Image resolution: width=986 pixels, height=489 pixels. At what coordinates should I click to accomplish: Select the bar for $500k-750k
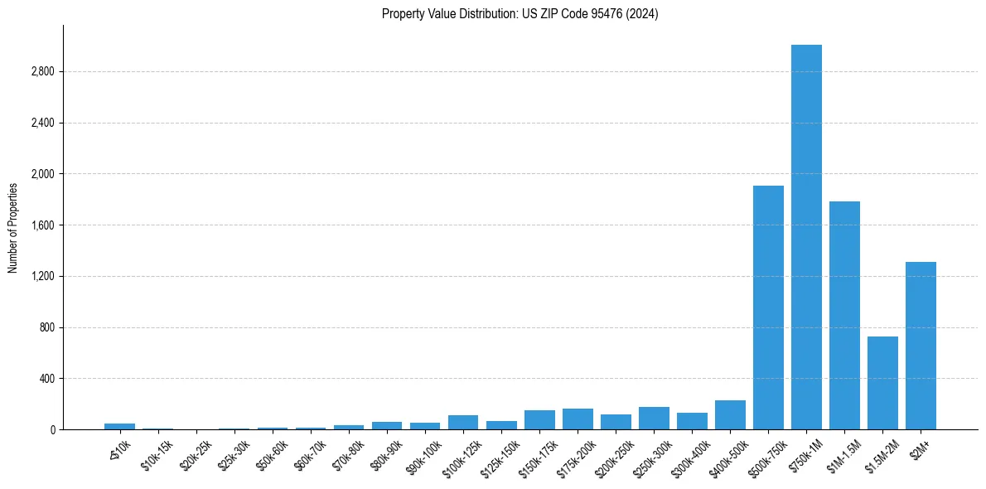point(768,307)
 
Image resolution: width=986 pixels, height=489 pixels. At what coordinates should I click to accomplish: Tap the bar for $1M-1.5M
point(844,315)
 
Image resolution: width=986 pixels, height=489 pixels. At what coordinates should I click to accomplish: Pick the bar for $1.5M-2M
point(882,383)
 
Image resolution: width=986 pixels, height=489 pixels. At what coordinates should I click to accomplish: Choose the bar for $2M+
point(921,346)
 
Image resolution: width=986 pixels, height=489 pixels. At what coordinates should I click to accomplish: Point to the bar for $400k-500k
point(730,415)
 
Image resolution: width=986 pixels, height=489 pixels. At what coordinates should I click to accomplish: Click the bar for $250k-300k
point(654,419)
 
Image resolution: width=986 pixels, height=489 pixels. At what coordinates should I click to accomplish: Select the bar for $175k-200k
point(578,419)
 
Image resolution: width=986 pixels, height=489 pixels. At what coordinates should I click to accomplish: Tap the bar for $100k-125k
point(463,423)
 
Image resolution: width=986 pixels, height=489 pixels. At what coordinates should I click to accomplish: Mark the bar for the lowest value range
point(119,426)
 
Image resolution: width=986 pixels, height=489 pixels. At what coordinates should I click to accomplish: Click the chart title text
point(520,14)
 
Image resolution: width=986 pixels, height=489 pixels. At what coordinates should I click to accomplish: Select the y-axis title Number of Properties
point(13,227)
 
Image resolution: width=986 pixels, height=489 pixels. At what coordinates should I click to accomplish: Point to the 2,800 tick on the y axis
point(41,72)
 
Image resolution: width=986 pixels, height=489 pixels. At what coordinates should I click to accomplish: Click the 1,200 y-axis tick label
point(41,277)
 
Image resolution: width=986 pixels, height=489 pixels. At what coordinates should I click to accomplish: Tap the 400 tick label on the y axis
point(46,379)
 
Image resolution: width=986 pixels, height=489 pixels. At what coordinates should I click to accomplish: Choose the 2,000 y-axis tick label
point(41,174)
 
